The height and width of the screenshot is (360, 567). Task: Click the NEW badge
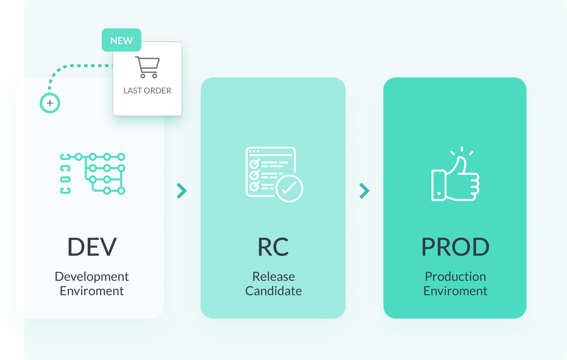pos(121,40)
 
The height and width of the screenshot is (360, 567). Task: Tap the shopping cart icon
pos(148,67)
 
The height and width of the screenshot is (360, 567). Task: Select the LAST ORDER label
pos(147,90)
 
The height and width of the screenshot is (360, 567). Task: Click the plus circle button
pos(50,103)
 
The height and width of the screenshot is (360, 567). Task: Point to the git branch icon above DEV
pos(93,174)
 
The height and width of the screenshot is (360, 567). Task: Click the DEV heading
pos(92,247)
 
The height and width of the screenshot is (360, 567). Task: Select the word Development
pos(92,276)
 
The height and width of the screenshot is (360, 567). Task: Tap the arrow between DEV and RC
pos(182,191)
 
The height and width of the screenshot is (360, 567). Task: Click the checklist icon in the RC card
pos(274,175)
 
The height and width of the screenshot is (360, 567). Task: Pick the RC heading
pos(273,247)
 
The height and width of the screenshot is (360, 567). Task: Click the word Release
pos(274,276)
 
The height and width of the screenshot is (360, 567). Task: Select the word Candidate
pos(274,291)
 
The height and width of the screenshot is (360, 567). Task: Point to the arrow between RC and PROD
pos(364,191)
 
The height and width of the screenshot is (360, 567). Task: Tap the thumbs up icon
pos(455,174)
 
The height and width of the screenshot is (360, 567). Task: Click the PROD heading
pos(455,247)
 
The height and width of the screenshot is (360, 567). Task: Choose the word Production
pos(455,276)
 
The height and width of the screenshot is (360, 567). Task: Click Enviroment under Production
pos(455,291)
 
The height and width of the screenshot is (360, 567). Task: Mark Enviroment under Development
pos(92,291)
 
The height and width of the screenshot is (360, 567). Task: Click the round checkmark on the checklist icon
pos(289,189)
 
